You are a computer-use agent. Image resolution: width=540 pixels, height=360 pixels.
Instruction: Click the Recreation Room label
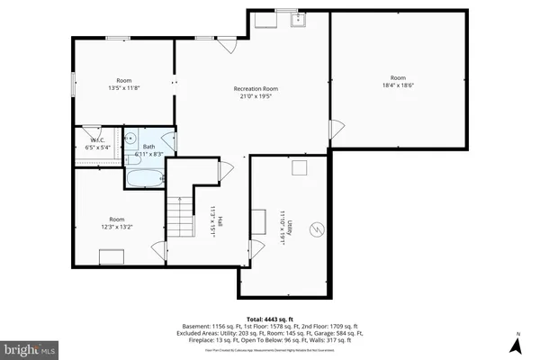(x=256, y=89)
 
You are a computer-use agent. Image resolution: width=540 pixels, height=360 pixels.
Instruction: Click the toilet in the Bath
(x=131, y=140)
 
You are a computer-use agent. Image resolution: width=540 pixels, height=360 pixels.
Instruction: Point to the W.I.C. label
(x=94, y=139)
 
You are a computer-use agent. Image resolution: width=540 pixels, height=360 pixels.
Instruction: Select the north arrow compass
(x=518, y=342)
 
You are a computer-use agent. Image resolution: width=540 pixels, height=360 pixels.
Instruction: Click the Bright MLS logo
(x=29, y=347)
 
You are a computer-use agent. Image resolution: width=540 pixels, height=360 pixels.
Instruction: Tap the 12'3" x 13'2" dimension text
(x=117, y=227)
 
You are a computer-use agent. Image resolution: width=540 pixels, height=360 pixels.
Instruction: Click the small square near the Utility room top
(x=302, y=167)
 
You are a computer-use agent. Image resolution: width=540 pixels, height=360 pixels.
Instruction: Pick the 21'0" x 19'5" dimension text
(x=256, y=96)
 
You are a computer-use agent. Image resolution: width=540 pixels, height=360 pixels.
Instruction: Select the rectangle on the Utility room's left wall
(x=259, y=220)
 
